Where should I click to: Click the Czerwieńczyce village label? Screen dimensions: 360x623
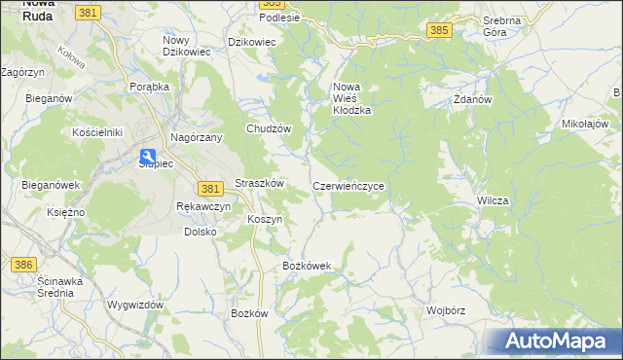coord(354,185)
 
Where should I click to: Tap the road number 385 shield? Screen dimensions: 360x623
coord(439,31)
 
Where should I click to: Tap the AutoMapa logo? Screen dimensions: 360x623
coord(554,342)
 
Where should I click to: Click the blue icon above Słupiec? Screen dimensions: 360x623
coord(147,156)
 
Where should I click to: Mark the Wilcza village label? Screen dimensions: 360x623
coord(493,200)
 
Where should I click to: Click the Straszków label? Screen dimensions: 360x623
coord(259,183)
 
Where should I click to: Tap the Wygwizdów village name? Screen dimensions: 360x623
coord(135,305)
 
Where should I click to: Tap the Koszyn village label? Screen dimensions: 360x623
coord(265,219)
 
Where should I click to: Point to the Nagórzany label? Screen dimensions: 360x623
coord(198,138)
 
